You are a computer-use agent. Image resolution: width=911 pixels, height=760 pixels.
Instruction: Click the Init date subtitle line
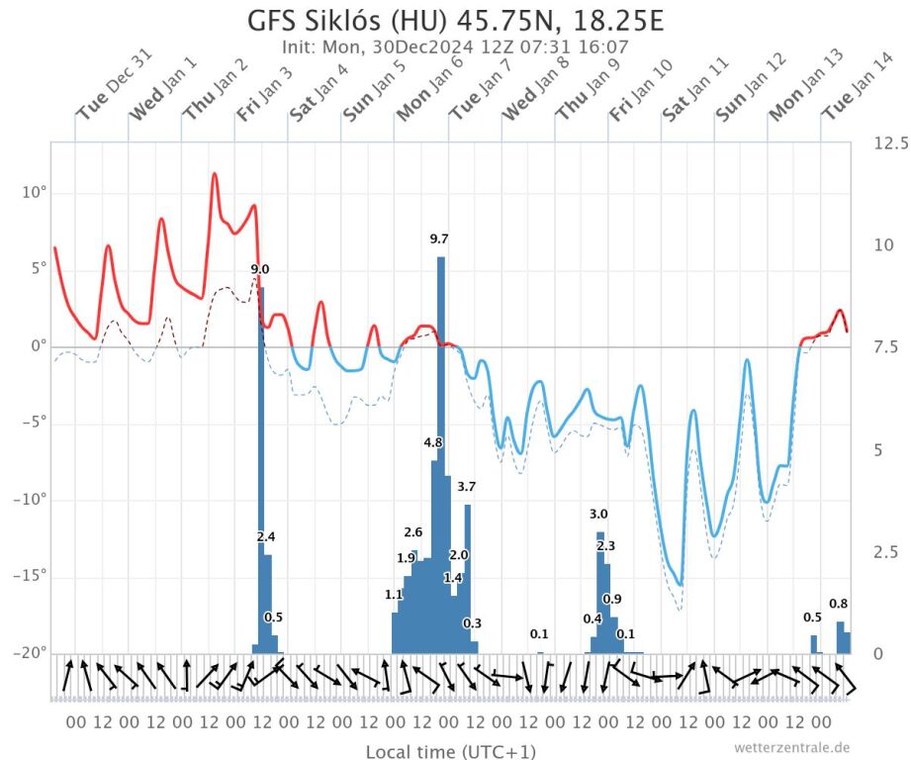(455, 47)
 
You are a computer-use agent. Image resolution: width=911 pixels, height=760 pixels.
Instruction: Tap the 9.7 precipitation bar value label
(439, 238)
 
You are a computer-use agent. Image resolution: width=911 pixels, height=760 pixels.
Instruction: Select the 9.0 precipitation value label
(260, 269)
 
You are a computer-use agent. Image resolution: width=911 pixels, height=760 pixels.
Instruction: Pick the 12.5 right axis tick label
(890, 143)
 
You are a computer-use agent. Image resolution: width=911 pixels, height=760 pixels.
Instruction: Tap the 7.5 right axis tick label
(885, 346)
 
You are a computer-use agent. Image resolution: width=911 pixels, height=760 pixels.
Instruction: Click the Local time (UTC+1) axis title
(451, 752)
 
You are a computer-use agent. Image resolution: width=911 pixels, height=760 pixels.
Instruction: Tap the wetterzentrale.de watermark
(791, 747)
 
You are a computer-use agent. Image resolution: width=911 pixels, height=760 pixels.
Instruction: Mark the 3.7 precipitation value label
(467, 486)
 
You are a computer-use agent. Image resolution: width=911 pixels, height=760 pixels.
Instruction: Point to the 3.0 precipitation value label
(598, 514)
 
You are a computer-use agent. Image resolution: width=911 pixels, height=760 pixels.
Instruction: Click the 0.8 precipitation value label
(838, 604)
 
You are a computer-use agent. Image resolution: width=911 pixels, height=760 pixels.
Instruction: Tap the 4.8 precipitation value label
(433, 442)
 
